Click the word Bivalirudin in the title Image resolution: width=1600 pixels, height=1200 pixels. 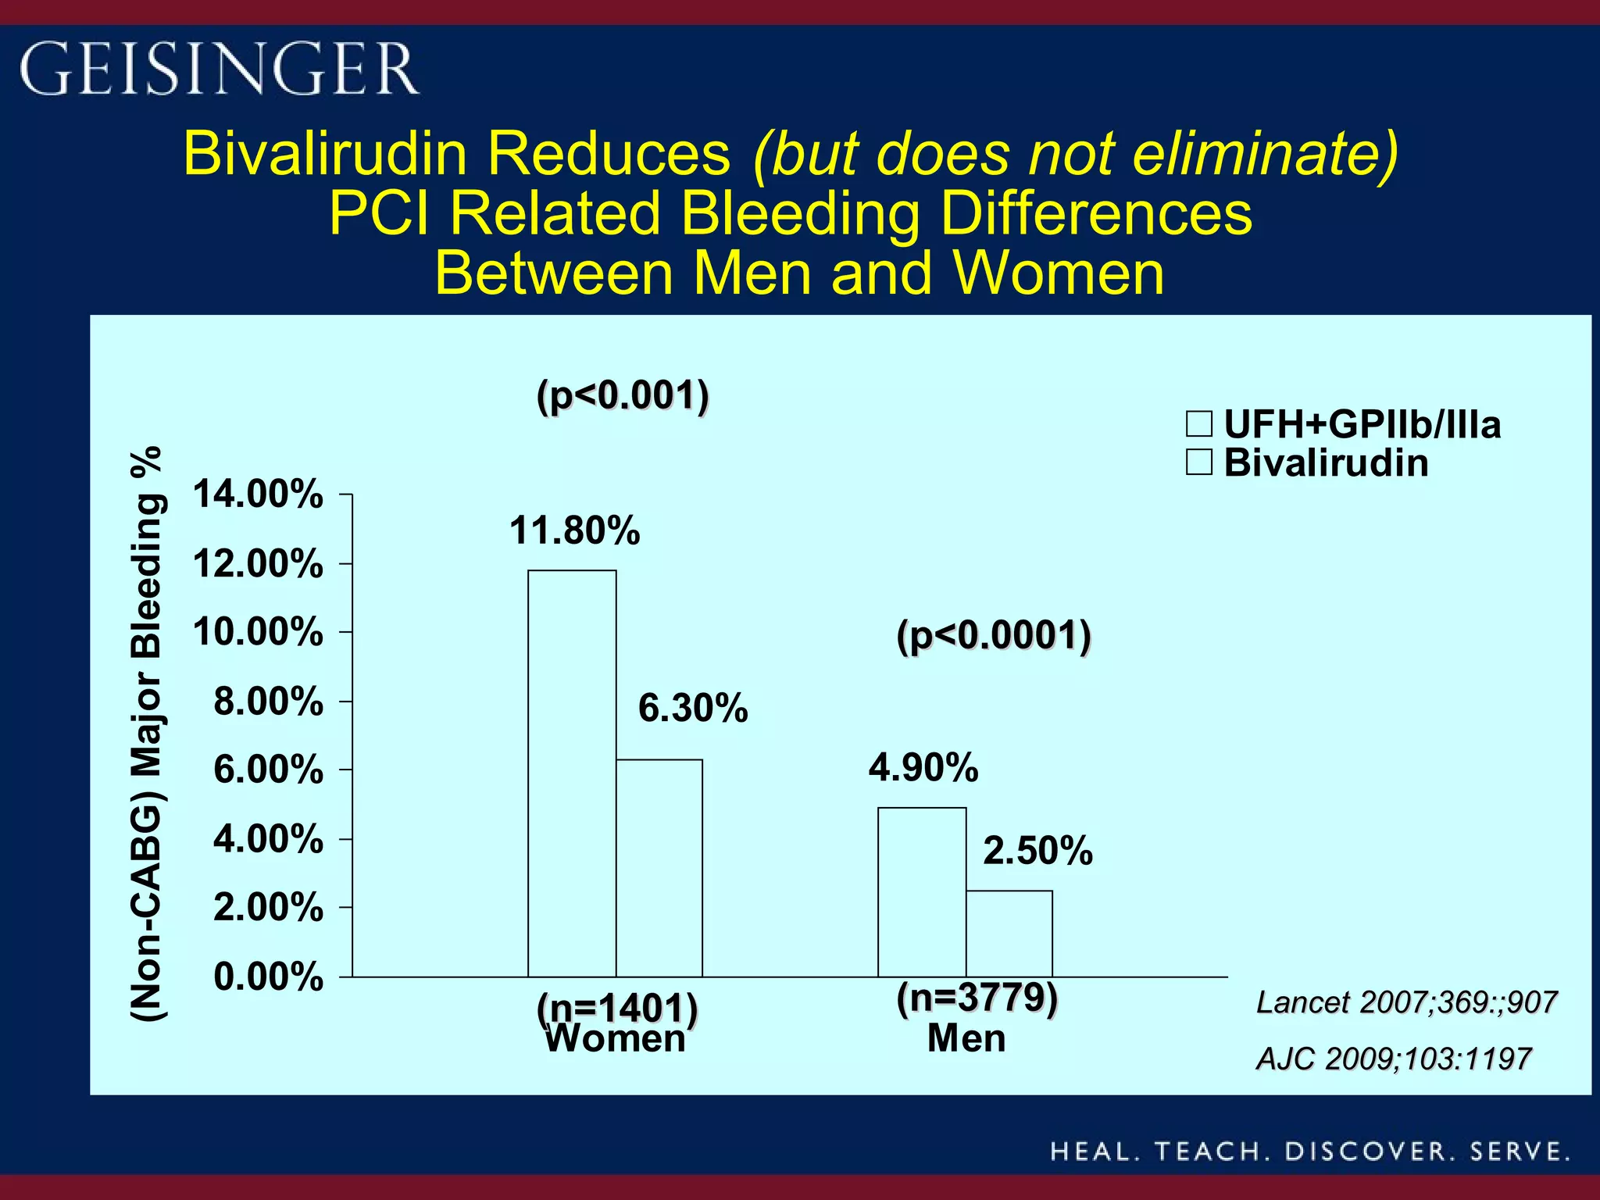point(325,153)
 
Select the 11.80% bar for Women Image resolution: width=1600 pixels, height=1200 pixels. point(572,773)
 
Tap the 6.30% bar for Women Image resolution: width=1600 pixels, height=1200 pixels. point(659,867)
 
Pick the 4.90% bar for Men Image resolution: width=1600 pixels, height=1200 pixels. point(922,891)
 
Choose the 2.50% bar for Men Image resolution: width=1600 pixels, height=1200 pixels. point(1009,934)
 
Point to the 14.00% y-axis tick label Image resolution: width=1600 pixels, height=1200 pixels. point(258,495)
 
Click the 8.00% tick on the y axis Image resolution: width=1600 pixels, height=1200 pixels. point(268,701)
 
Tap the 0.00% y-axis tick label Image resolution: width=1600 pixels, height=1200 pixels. point(268,977)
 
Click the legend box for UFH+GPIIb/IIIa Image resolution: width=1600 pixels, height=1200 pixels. point(1199,424)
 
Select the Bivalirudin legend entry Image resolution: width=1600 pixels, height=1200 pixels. point(1326,462)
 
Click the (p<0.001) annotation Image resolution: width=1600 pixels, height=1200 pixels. point(623,395)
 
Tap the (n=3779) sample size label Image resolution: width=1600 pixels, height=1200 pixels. point(977,998)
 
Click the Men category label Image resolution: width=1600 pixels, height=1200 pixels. point(966,1038)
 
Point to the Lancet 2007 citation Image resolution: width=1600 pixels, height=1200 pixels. point(1406,1002)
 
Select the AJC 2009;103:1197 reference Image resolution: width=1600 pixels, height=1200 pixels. point(1394,1059)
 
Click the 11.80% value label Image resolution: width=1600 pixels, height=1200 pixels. point(574,531)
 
